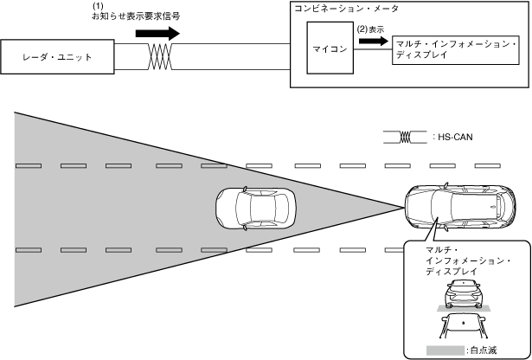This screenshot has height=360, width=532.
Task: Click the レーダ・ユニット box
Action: click(57, 58)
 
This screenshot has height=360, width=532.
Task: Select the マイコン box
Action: click(329, 49)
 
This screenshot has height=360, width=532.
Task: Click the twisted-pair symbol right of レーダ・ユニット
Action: click(158, 58)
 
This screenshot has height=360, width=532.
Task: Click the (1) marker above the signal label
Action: click(98, 6)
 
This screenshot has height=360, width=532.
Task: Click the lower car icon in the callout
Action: click(463, 326)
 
